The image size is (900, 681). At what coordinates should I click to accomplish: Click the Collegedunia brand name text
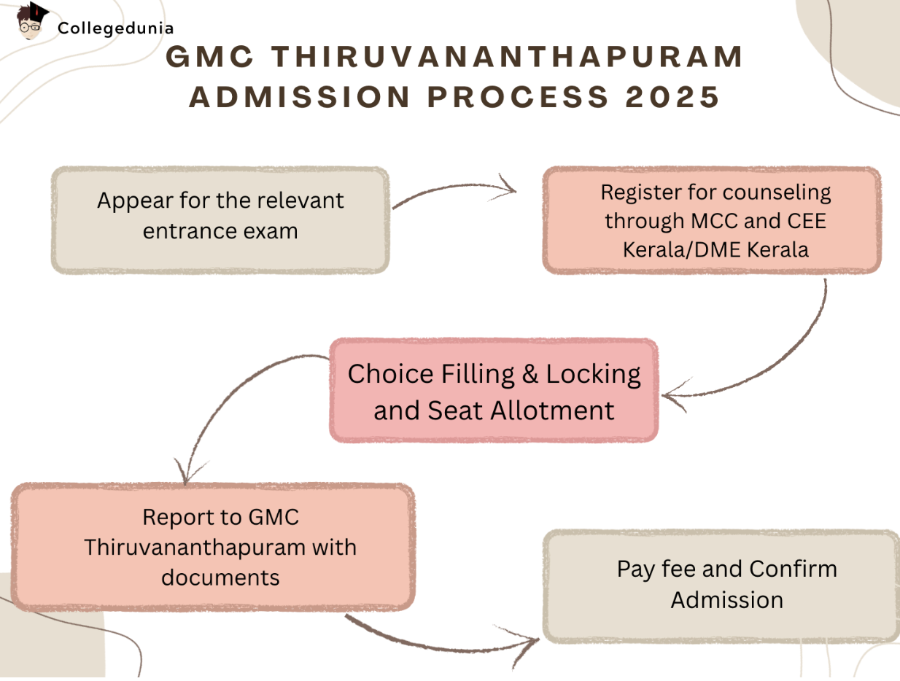pyautogui.click(x=115, y=29)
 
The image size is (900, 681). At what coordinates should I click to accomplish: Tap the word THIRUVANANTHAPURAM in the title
pyautogui.click(x=512, y=58)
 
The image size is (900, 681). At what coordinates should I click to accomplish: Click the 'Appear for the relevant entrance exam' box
pyautogui.click(x=220, y=219)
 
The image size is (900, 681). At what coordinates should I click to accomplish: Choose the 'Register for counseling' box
pyautogui.click(x=712, y=220)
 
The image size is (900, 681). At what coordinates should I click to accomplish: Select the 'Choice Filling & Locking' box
pyautogui.click(x=494, y=390)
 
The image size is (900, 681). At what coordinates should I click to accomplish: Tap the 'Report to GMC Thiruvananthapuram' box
pyautogui.click(x=212, y=547)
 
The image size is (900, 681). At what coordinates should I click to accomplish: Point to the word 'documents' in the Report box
pyautogui.click(x=220, y=577)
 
